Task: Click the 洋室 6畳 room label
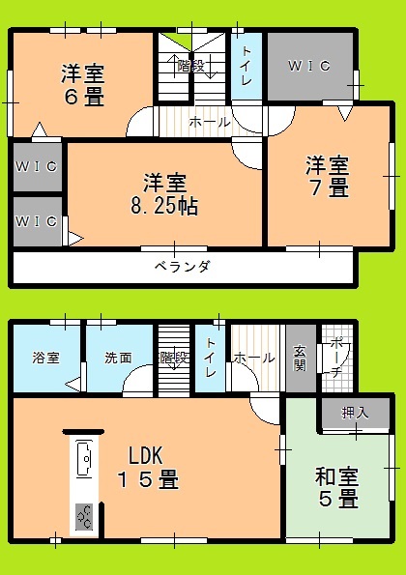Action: (83, 85)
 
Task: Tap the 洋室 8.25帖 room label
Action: (164, 194)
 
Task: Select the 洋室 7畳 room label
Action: (328, 177)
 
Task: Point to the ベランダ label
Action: (183, 266)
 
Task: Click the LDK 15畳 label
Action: (148, 468)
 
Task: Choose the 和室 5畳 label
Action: (336, 487)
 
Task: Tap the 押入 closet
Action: (356, 413)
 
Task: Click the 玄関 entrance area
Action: (301, 359)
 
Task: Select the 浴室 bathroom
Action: (46, 359)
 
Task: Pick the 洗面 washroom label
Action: (118, 358)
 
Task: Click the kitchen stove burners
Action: (84, 517)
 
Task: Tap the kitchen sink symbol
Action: (84, 459)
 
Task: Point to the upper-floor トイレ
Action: (246, 67)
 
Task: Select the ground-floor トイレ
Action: (210, 359)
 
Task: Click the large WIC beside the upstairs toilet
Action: (310, 66)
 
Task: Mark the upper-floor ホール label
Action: (210, 122)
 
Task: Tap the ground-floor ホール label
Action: (254, 358)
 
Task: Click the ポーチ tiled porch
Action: (337, 359)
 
